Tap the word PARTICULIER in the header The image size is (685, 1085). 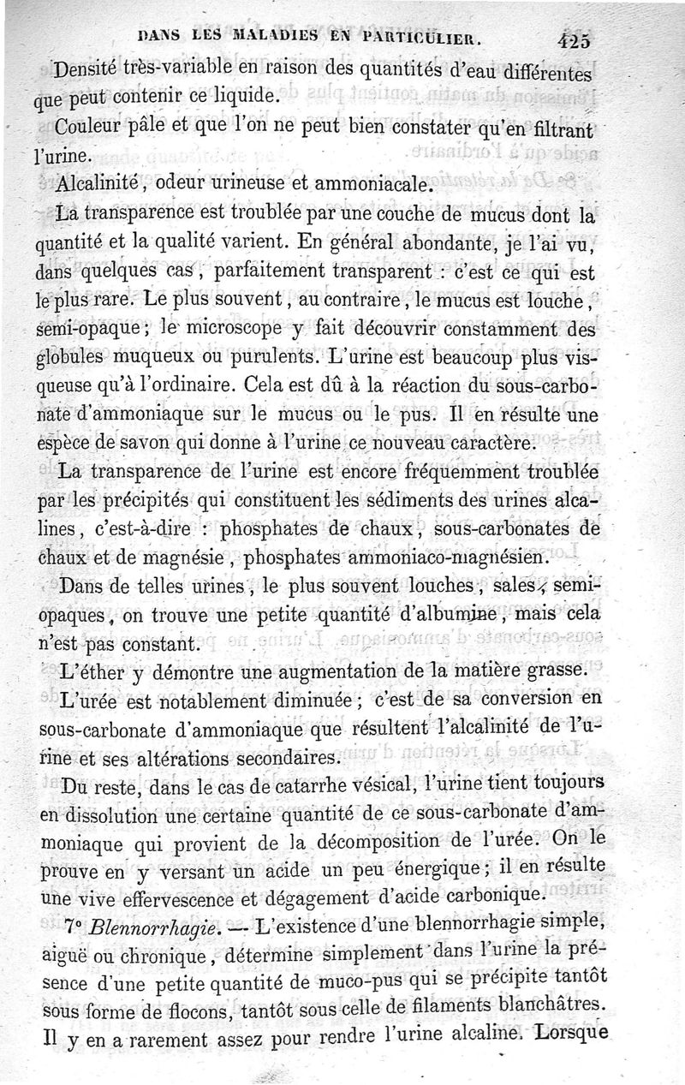click(x=422, y=38)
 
